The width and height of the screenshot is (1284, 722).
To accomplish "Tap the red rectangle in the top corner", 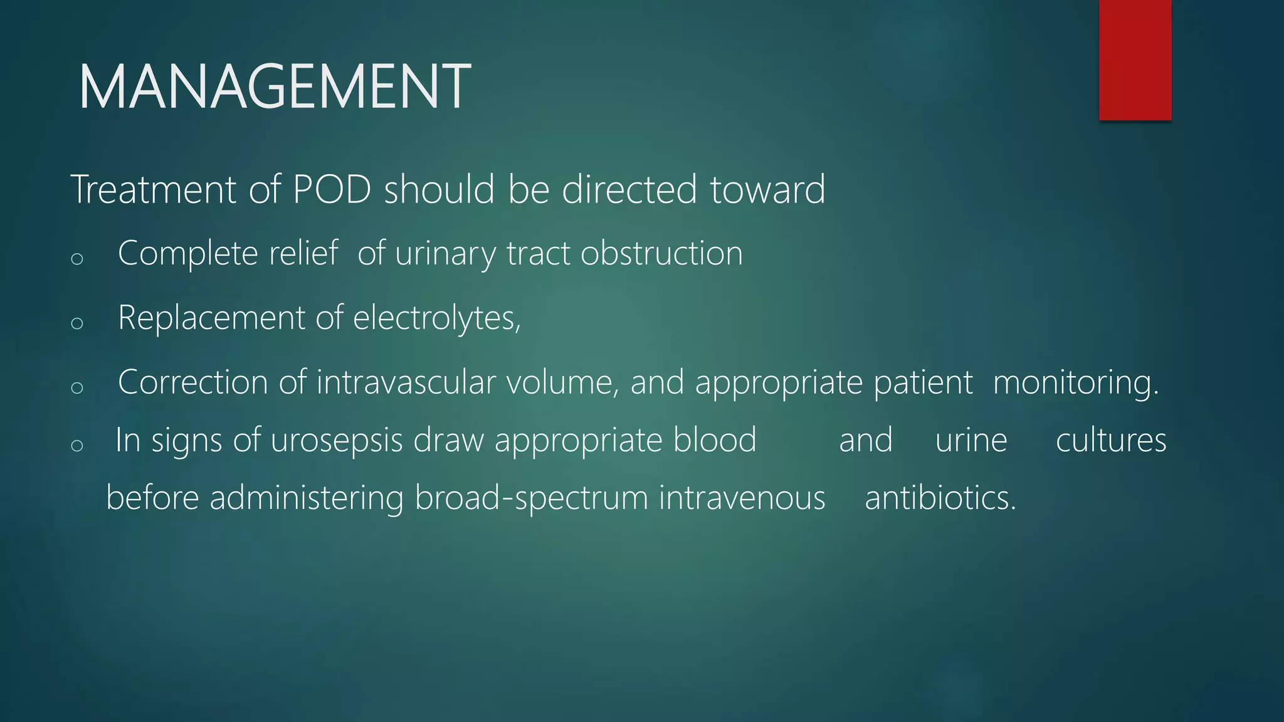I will click(x=1135, y=60).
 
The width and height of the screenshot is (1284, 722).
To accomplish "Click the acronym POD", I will click(x=332, y=189).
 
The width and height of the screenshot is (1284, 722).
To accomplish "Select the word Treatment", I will click(x=154, y=189).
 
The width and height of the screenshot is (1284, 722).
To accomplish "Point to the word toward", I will click(x=767, y=189).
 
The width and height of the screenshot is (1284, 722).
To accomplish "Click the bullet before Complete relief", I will click(x=77, y=259).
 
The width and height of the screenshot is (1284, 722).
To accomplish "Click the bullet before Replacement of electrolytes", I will click(x=77, y=323).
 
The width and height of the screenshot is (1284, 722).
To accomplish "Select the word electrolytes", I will click(x=436, y=318).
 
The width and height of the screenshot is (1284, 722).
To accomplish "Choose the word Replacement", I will click(x=211, y=318).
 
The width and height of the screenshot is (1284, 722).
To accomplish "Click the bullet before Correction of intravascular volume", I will click(x=77, y=387).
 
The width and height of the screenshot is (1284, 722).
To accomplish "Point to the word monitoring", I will click(x=1075, y=383).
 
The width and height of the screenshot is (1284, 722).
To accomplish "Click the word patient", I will click(x=923, y=382).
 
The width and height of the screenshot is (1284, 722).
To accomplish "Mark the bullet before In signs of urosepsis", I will click(x=77, y=446).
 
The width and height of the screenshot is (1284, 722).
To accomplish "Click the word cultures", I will click(x=1111, y=440).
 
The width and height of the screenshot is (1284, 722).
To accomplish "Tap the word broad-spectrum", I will click(x=531, y=499).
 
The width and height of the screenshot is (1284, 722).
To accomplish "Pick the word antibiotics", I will click(x=940, y=498).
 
